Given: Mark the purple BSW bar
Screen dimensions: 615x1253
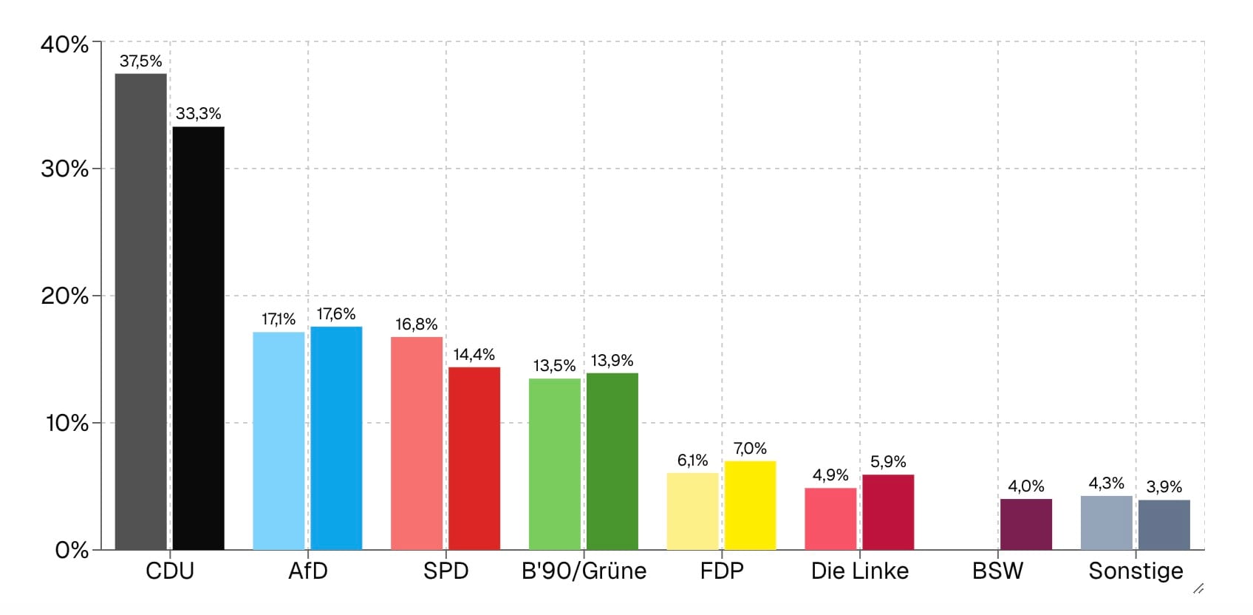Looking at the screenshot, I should pos(1025,524).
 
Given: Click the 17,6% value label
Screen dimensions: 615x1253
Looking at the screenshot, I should pos(336,314).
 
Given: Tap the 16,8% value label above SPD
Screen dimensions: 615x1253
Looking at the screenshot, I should pos(416,325).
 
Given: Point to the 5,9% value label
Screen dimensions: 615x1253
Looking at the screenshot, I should pos(888,462).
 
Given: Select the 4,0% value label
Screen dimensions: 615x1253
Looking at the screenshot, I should pos(1026,486).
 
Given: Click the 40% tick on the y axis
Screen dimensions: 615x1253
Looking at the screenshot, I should pos(65,44).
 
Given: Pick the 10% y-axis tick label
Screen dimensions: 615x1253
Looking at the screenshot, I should pos(66,424).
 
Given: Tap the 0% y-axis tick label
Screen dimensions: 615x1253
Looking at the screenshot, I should pos(72,550).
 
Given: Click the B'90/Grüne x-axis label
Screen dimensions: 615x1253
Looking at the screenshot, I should pos(584,571).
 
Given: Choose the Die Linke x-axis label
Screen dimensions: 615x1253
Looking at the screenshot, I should pos(860,571).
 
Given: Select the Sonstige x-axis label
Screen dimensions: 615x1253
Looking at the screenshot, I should pos(1136,571).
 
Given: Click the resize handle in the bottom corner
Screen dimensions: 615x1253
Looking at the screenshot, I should pos(1198,589).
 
